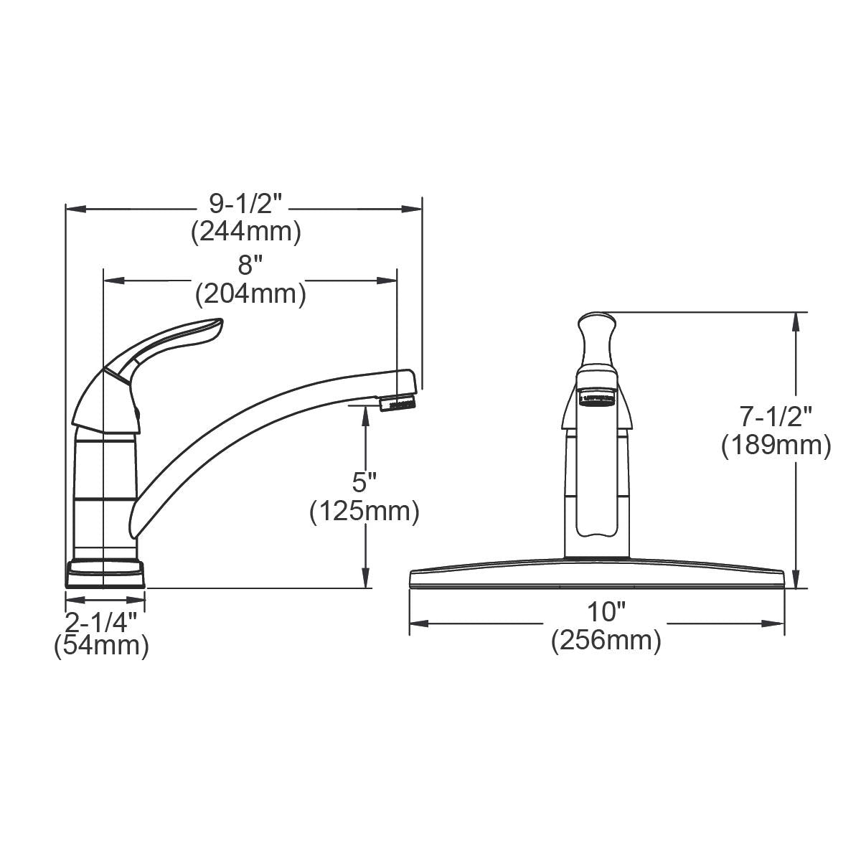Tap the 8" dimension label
[x=246, y=266]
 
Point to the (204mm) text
[x=250, y=293]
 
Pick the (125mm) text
[x=364, y=512]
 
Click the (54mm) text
[x=102, y=646]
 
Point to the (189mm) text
[x=776, y=445]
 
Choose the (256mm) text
[x=606, y=640]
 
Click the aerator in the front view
[x=597, y=398]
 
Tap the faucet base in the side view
[x=105, y=573]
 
